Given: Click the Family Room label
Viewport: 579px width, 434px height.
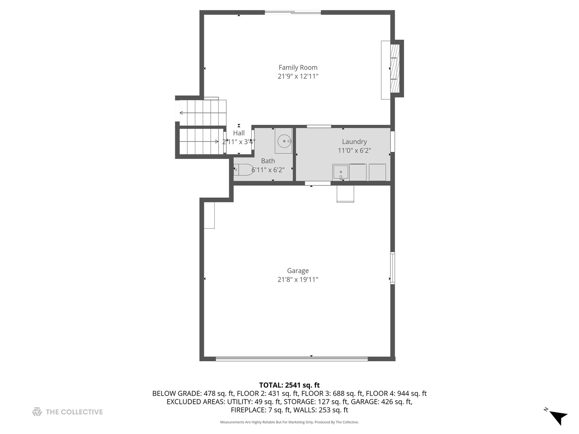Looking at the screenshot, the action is tap(298, 68).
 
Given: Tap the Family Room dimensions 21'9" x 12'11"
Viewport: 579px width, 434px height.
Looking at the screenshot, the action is tap(298, 76).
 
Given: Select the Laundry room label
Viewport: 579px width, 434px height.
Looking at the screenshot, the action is tap(354, 142).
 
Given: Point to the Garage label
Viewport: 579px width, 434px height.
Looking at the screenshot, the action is tap(298, 270).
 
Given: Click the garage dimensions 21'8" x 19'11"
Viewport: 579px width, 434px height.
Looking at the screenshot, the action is tap(298, 280).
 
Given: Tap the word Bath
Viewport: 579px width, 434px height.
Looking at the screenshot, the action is tap(268, 161).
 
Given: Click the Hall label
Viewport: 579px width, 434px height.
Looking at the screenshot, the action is tap(239, 133).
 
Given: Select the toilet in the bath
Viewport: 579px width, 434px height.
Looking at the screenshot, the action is tap(244, 170).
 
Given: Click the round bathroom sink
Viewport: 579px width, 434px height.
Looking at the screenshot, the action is tap(284, 141).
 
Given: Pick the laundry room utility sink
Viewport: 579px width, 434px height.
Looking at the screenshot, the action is tap(341, 172).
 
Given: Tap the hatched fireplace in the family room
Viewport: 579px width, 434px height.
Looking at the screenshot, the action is tap(395, 68).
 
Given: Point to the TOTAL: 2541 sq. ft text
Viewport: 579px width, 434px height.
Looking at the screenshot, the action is tap(289, 385).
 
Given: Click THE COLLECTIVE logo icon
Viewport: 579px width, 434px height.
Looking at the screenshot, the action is tap(37, 412).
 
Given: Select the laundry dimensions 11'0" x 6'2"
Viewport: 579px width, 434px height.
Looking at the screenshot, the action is tap(354, 151).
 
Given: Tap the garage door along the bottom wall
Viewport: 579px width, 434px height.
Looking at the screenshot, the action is tap(292, 358).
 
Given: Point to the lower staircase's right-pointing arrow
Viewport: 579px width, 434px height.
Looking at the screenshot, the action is tap(199, 141).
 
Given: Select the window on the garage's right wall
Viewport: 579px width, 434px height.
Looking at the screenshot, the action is tap(392, 268).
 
